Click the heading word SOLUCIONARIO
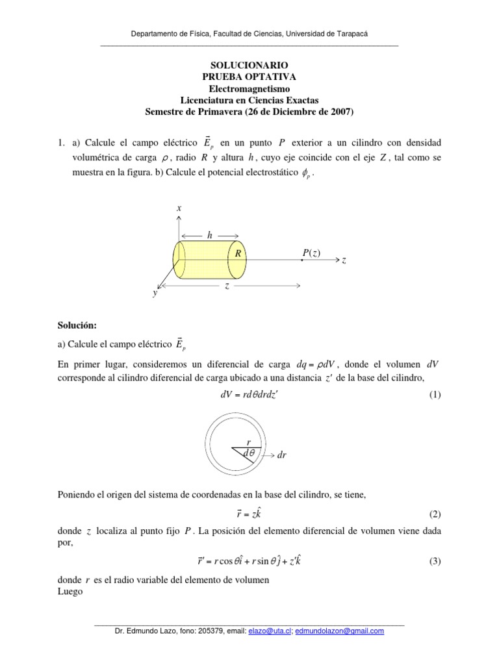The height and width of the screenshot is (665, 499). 249,66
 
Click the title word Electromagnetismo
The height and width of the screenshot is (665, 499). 249,88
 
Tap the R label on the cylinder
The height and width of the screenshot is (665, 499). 239,254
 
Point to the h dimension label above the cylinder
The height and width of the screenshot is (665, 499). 209,235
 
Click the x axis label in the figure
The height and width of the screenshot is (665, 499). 179,208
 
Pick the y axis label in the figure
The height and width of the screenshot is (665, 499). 155,294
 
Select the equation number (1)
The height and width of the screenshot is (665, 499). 435,395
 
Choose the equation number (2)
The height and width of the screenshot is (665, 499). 435,514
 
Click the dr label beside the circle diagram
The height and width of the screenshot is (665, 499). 281,455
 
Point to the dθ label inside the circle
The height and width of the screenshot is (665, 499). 248,453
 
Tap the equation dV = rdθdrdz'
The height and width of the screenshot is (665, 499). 249,395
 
